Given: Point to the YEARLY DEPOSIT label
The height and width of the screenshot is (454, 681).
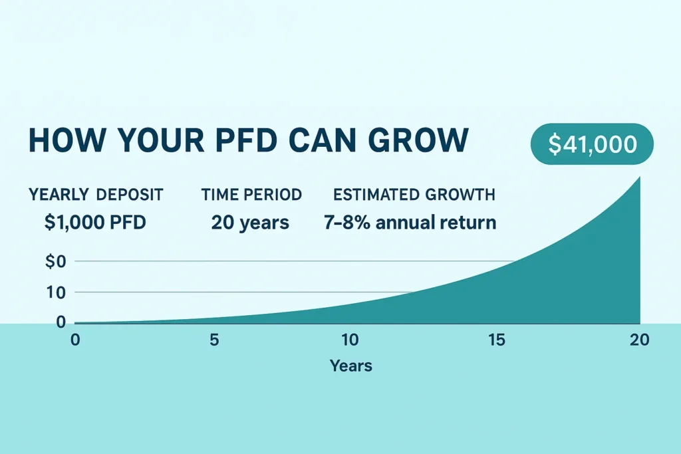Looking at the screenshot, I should pos(96,195).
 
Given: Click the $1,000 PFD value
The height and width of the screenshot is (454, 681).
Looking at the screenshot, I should pos(95,223).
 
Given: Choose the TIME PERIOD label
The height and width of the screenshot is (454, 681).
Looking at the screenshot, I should pos(251,195).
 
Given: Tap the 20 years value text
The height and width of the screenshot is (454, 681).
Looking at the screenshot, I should pos(250,223).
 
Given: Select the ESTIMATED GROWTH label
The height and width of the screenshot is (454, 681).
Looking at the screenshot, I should pos(414,195).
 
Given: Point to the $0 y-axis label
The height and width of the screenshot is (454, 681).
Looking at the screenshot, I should pos(56,261).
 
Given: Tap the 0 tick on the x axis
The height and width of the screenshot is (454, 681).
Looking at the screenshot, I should pos(75,340).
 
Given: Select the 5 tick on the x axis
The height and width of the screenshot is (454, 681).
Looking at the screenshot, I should pos(213,340).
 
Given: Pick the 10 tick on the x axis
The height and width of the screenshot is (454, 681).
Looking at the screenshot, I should pos(350,340).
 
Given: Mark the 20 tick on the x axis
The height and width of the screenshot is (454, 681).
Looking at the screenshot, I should pos(638,340).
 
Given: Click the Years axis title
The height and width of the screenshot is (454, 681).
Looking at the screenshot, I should pos(350,366).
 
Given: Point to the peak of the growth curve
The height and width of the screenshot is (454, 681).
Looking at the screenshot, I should pos(639,177).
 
